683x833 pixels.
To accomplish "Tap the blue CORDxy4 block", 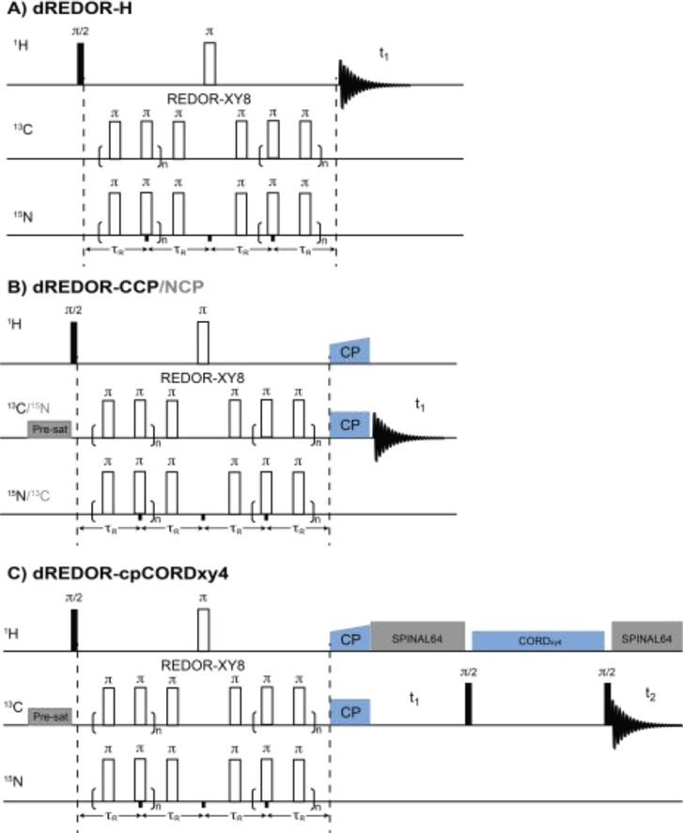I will pyautogui.click(x=537, y=641).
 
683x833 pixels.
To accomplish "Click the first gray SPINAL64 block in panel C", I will pyautogui.click(x=418, y=636).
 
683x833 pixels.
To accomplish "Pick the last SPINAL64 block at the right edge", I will pyautogui.click(x=646, y=636).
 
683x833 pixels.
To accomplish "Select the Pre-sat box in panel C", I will pyautogui.click(x=47, y=716).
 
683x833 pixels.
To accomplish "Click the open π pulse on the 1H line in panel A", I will pyautogui.click(x=210, y=64).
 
